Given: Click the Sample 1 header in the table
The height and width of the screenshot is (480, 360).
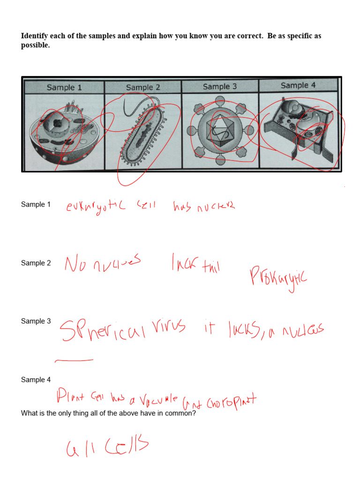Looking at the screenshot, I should pos(64,88).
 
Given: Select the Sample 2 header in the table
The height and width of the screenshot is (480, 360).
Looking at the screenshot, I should pos(143,87).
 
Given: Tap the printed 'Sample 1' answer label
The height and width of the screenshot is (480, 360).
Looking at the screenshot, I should pos(36,204).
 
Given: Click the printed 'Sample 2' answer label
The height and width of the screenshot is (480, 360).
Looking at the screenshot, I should pos(36,263).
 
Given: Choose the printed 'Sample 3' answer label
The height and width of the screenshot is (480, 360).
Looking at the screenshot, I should pos(36,321).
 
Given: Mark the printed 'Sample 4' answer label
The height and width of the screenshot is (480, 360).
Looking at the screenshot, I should pos(36,380).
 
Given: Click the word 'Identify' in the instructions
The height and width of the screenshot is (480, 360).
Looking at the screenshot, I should pos(36,36).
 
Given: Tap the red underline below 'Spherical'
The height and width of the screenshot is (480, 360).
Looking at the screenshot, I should pos(74,360).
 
